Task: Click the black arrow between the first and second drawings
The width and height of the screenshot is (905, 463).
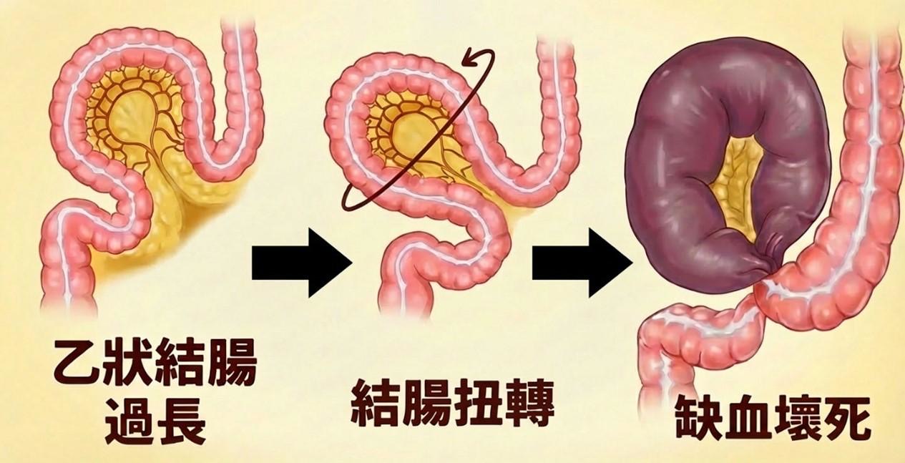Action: (x=301, y=263)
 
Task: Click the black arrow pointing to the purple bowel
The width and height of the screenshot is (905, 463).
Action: (x=582, y=263)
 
